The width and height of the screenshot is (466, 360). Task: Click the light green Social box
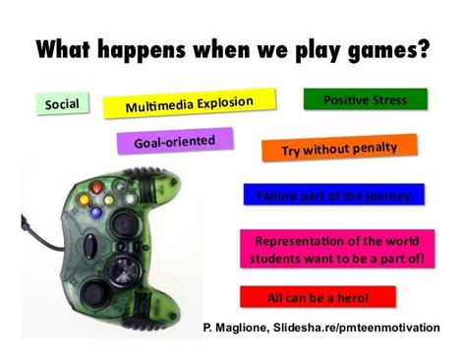tap(62, 102)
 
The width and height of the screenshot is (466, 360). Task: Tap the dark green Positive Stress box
tap(365, 100)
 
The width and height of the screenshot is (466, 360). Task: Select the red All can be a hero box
tap(317, 296)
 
